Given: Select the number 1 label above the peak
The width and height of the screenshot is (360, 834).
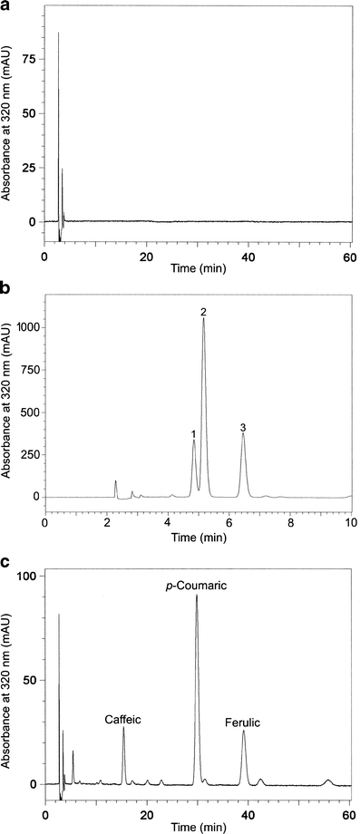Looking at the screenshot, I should point(194,435).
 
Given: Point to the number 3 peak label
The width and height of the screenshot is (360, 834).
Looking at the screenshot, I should point(243,427).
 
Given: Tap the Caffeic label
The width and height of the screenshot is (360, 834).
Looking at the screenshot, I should point(123,719).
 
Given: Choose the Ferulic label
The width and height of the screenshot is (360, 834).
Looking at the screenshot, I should point(244,722).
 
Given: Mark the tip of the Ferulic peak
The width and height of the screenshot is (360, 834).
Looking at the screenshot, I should point(243,732).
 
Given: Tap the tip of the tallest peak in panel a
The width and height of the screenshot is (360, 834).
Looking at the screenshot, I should point(58,34).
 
